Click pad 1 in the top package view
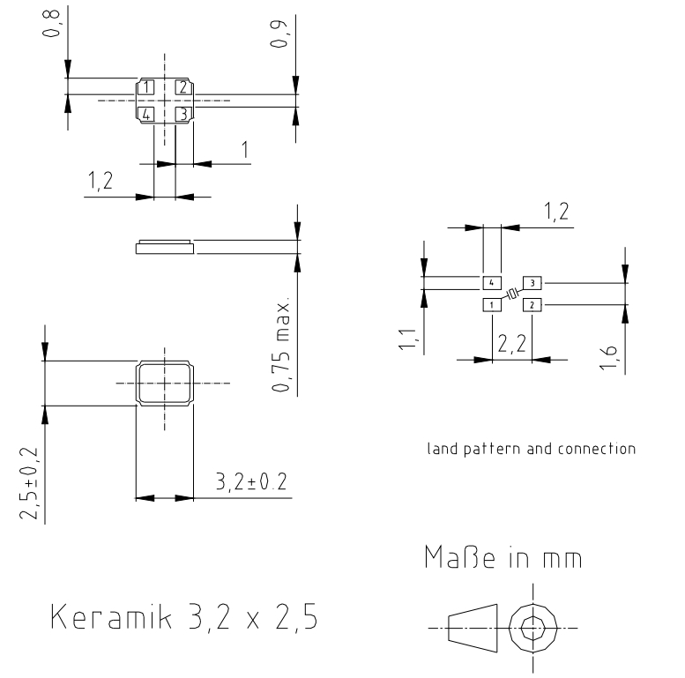tap(146, 86)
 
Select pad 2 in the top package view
tap(182, 86)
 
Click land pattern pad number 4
tap(491, 283)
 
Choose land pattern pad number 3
tap(532, 283)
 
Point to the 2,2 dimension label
tap(510, 345)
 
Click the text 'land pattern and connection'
tap(530, 448)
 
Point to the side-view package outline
tap(164, 248)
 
